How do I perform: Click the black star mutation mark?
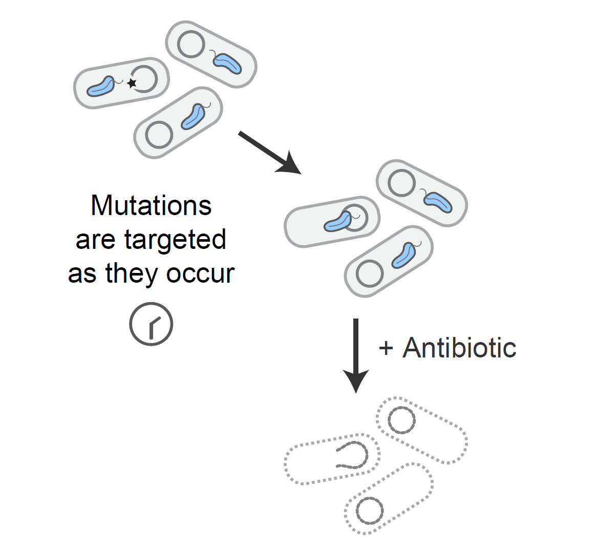tap(132, 82)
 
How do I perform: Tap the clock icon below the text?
tap(151, 324)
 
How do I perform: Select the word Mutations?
tap(151, 206)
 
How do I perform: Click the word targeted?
tap(175, 240)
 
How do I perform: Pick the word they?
tap(132, 273)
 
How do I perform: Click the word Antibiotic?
tap(459, 348)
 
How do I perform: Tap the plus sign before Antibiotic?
tap(386, 349)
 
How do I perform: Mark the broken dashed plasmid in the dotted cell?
tap(354, 455)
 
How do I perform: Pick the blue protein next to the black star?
tap(101, 87)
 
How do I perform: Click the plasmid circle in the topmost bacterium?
tap(191, 44)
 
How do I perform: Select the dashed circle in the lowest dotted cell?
tap(369, 510)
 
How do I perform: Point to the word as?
tap(82, 274)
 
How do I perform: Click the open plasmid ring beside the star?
tap(145, 79)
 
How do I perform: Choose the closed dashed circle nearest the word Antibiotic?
tap(401, 420)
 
